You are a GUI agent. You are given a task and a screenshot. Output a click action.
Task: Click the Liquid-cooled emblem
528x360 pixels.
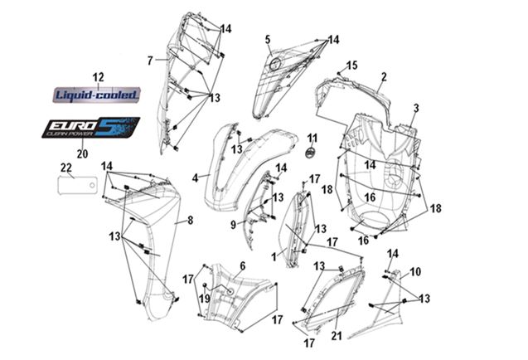[96, 95]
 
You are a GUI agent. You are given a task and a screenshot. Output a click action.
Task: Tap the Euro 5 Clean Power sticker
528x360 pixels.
[91, 128]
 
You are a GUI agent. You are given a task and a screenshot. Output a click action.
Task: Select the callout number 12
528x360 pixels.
[98, 77]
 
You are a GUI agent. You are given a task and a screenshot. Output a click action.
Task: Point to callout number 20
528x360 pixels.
[82, 153]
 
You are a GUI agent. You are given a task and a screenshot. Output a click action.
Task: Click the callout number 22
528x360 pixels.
[66, 168]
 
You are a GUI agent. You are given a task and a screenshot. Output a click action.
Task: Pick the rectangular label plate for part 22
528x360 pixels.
[78, 186]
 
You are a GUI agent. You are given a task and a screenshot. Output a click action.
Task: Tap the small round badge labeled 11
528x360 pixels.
[310, 153]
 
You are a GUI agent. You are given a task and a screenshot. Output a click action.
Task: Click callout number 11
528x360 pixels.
[312, 139]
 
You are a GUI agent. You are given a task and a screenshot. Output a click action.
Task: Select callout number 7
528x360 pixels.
[150, 61]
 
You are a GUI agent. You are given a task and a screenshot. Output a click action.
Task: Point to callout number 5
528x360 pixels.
[268, 40]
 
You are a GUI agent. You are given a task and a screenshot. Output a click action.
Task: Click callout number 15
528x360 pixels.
[352, 65]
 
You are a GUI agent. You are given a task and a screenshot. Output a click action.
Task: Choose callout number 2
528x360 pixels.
[384, 77]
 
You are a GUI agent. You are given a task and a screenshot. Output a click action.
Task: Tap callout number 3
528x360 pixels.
[416, 108]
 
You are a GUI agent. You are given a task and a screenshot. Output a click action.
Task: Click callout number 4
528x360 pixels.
[195, 178]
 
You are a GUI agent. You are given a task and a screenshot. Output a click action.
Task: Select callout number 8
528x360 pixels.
[191, 221]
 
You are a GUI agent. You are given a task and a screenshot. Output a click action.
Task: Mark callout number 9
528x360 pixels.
[233, 225]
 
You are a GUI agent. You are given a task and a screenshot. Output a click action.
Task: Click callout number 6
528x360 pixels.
[243, 266]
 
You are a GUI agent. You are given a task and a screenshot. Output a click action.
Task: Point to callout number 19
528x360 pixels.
[205, 299]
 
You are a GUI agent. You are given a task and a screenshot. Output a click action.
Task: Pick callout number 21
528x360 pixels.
[337, 335]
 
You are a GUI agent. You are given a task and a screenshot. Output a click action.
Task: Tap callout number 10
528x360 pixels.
[415, 272]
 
